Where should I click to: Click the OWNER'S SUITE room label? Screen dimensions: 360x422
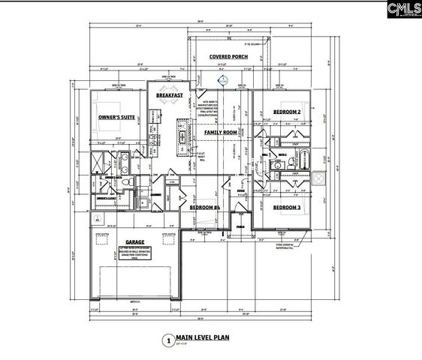[116, 118]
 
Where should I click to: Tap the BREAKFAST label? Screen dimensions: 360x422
[171, 96]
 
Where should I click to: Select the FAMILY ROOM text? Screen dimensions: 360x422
[220, 132]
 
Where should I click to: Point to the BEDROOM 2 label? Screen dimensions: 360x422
[286, 112]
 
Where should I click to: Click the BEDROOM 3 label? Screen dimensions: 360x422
[287, 207]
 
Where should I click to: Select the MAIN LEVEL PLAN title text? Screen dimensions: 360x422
[202, 338]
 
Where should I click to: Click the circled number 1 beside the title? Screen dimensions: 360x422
[167, 340]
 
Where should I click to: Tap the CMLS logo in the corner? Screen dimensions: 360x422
[402, 10]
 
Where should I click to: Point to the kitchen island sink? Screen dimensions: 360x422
[181, 137]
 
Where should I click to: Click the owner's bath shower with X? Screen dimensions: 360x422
[101, 163]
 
